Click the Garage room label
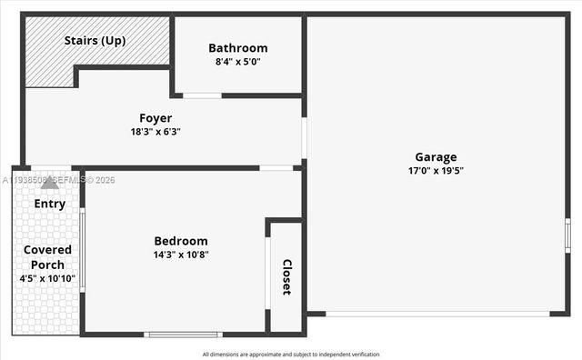(x=436, y=156)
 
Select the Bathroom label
(x=237, y=48)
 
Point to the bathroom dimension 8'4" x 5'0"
(x=237, y=62)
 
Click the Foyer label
(x=156, y=118)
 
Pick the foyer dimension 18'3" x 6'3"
(x=156, y=132)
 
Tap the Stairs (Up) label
(x=95, y=41)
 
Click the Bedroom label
(x=181, y=241)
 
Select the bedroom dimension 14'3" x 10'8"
(x=181, y=255)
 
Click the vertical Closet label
(x=286, y=276)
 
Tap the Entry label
(x=50, y=204)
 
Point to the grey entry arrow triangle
(x=50, y=183)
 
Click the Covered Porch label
(x=47, y=256)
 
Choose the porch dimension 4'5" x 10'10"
(x=47, y=278)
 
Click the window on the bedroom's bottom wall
(x=183, y=335)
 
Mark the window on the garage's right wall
(x=567, y=235)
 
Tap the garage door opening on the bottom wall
(x=436, y=314)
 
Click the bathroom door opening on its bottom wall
(x=202, y=95)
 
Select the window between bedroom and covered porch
(x=82, y=250)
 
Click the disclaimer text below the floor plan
(x=290, y=355)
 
